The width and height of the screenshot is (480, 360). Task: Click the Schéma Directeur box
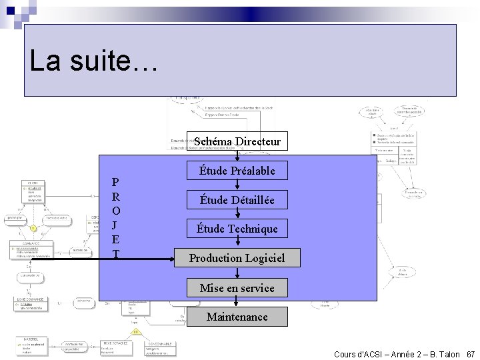point(237,141)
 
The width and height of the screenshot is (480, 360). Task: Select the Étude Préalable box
point(237,171)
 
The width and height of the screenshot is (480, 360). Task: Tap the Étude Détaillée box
point(237,200)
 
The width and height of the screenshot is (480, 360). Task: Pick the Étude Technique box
point(237,229)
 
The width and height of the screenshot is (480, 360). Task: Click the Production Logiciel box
point(237,257)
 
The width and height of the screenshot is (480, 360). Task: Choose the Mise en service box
point(237,288)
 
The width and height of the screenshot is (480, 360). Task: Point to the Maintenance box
point(237,317)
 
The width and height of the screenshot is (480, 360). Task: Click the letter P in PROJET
point(116,183)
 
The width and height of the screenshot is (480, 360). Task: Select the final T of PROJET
point(116,254)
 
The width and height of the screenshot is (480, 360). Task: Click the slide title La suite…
point(93,62)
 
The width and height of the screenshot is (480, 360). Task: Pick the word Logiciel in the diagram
point(263,257)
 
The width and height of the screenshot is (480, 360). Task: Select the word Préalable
point(251,171)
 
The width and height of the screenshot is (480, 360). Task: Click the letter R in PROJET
point(116,197)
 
